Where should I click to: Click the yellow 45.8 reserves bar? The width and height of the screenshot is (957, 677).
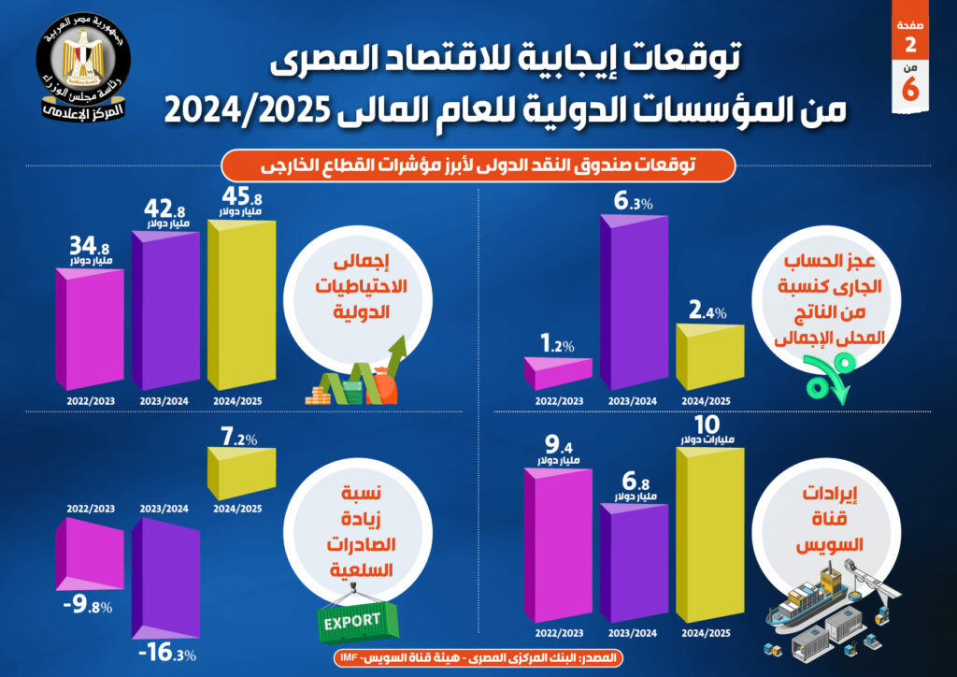click(x=241, y=309)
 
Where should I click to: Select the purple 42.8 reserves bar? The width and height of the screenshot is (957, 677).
click(x=165, y=313)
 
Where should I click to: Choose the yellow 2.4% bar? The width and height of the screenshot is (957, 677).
click(x=708, y=358)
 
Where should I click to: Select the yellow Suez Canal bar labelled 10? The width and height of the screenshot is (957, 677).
click(x=708, y=536)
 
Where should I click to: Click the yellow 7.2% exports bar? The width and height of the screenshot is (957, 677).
click(x=241, y=473)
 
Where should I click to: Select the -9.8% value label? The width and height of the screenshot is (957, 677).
click(x=87, y=607)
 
